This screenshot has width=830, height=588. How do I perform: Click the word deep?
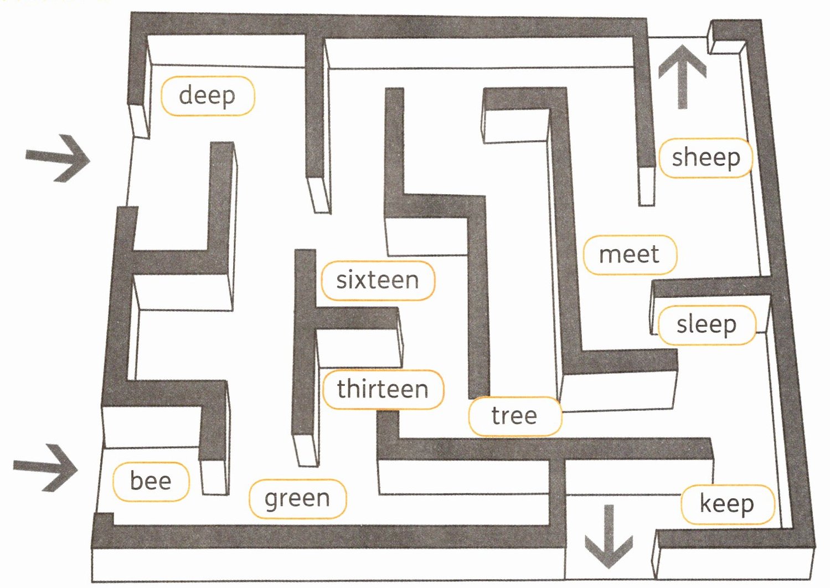pyautogui.click(x=207, y=96)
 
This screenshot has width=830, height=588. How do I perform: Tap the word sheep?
pyautogui.click(x=705, y=158)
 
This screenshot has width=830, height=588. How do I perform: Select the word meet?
pyautogui.click(x=629, y=255)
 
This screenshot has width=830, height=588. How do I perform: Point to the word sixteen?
pyautogui.click(x=378, y=280)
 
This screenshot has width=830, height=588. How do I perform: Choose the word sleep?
pyautogui.click(x=706, y=325)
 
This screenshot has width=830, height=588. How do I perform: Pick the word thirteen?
pyautogui.click(x=383, y=389)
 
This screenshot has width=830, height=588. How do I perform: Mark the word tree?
pyautogui.click(x=514, y=416)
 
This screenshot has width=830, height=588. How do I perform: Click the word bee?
pyautogui.click(x=151, y=481)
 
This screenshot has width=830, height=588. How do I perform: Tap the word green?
pyautogui.click(x=297, y=499)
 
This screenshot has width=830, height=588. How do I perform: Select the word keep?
pyautogui.click(x=726, y=504)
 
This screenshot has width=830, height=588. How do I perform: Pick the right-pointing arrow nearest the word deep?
pyautogui.click(x=58, y=158)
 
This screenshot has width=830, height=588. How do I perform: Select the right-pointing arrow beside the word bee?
pyautogui.click(x=46, y=468)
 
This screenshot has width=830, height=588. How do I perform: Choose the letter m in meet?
pyautogui.click(x=610, y=255)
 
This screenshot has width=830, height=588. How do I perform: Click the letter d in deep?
pyautogui.click(x=187, y=95)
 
